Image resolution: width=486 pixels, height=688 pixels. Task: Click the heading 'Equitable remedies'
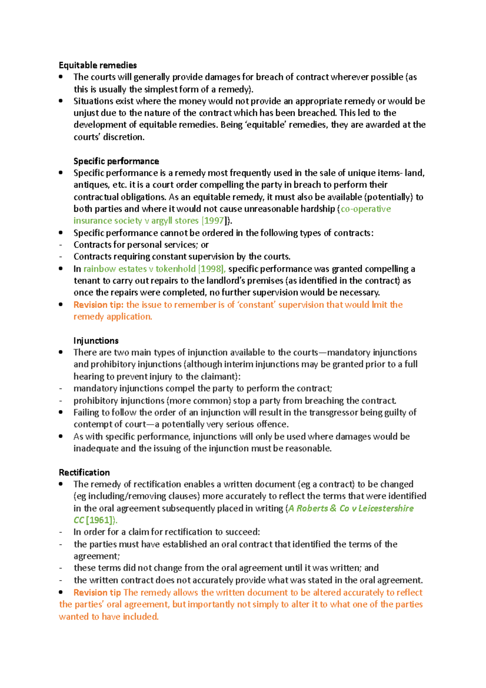(x=98, y=65)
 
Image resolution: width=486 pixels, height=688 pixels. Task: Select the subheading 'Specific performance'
(x=116, y=161)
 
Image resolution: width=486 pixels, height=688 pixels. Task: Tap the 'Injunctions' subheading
(x=96, y=341)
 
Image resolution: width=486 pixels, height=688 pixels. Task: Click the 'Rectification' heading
(x=84, y=472)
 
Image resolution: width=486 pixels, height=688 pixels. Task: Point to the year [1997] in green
(x=213, y=221)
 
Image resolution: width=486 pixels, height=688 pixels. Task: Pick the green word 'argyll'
(x=162, y=221)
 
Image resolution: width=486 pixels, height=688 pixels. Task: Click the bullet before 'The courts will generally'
(x=61, y=77)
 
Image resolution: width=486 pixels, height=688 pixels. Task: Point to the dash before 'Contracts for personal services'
(x=61, y=245)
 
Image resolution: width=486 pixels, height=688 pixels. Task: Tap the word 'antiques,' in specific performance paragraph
(x=89, y=185)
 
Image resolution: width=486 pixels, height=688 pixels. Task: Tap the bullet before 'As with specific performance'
(x=61, y=437)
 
